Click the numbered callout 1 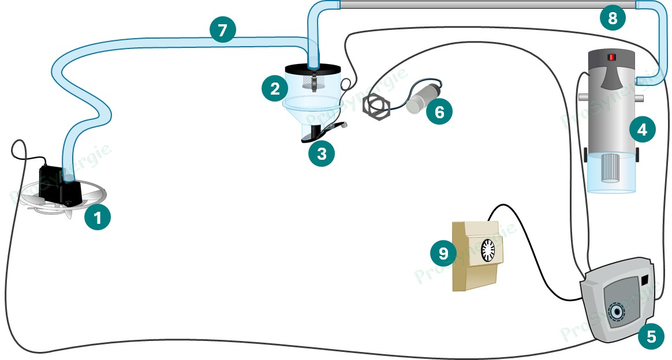tap(98, 217)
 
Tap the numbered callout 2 tap(275, 88)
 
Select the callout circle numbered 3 tap(321, 153)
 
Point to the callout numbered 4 tap(642, 129)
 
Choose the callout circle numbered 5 tap(651, 336)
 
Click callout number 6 tap(439, 111)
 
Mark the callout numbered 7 tap(222, 30)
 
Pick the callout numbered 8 tap(613, 18)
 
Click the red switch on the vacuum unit tap(611, 57)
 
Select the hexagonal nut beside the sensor tap(375, 107)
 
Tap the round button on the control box tap(618, 312)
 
